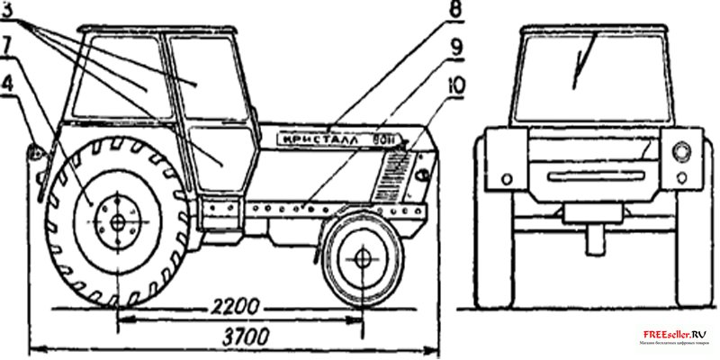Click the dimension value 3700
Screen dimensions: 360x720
pyautogui.click(x=235, y=339)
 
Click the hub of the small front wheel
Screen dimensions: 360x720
pyautogui.click(x=363, y=257)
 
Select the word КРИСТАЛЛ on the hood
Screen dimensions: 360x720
pyautogui.click(x=319, y=139)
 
